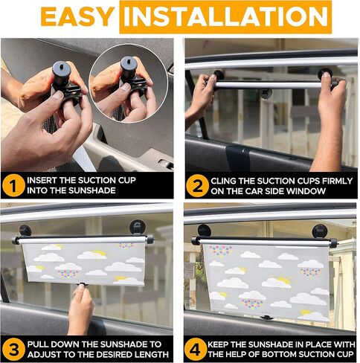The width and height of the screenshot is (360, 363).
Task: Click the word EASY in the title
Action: coord(77,16)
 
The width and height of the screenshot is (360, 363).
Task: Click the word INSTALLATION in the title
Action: coord(225,16)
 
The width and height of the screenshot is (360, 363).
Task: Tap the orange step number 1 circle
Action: coord(13,185)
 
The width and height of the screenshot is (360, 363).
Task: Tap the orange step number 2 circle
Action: coord(197,186)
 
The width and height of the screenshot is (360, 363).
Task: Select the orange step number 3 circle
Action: coord(13,350)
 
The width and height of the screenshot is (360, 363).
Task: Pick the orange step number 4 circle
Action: coord(196,350)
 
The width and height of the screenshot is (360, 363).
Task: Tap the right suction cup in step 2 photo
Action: coord(325,73)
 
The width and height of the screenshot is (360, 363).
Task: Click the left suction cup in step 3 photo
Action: coord(25,230)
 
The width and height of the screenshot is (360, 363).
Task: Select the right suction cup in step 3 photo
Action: coord(137,227)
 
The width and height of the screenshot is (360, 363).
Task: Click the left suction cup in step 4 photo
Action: coord(205,230)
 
